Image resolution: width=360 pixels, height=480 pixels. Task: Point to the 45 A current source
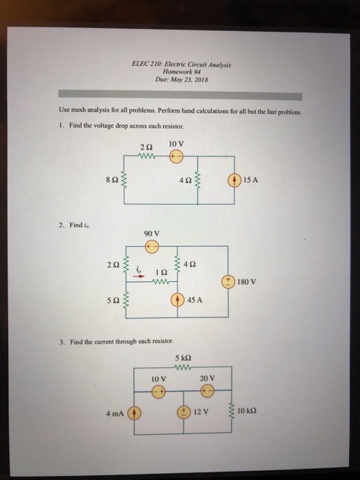(180, 299)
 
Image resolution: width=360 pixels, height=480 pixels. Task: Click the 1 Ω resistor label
(161, 272)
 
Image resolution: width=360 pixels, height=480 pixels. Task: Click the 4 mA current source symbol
(134, 413)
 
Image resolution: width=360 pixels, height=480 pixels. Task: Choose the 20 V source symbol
(207, 389)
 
